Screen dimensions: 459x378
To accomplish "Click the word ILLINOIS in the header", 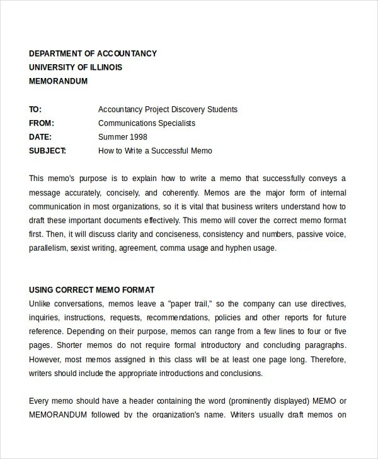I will (102, 67).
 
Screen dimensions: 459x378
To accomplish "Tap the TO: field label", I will (35, 109).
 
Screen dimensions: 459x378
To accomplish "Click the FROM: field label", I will (42, 123).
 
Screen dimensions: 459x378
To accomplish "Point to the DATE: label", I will (41, 137).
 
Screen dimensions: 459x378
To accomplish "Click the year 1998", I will (140, 137).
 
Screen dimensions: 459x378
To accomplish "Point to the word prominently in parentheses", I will (241, 401).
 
